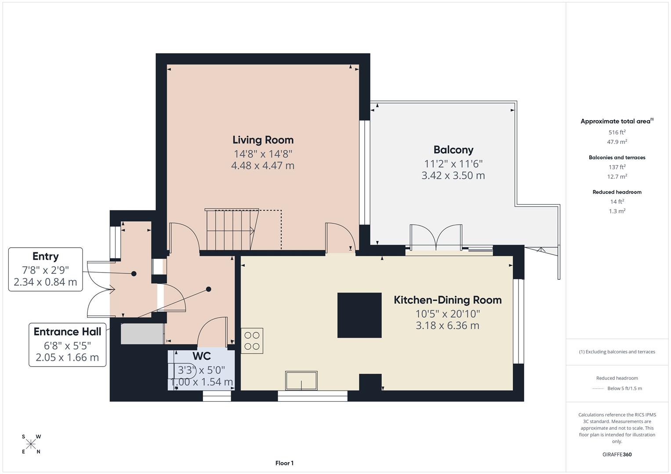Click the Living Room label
tap(263, 140)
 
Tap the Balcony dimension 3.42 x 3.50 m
tap(453, 176)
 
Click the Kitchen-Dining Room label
tap(447, 300)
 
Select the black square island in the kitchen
tap(359, 315)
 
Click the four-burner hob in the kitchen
tap(252, 341)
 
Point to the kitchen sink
tap(301, 381)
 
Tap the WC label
tap(202, 356)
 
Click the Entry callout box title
tap(45, 256)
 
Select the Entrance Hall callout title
tap(67, 332)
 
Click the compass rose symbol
tap(31, 444)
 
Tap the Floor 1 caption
tap(284, 463)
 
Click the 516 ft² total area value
tap(617, 132)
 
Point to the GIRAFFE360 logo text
tap(617, 454)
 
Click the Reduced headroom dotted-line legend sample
tap(598, 388)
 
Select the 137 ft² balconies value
tap(617, 167)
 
